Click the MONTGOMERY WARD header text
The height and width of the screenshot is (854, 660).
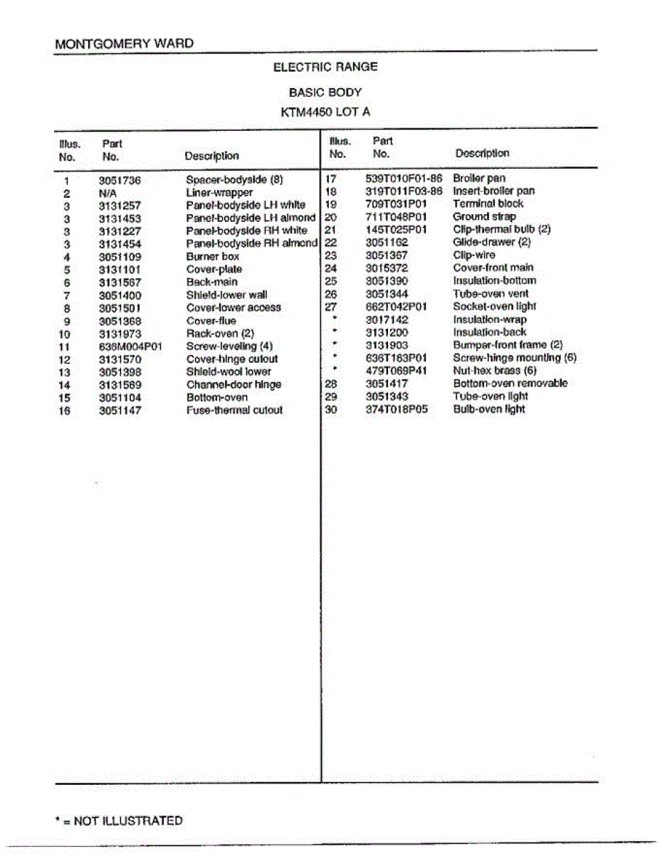pyautogui.click(x=124, y=43)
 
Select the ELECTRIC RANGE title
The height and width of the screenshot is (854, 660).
pyautogui.click(x=325, y=67)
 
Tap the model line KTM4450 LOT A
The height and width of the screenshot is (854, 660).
pyautogui.click(x=325, y=112)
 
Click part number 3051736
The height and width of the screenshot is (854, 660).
pyautogui.click(x=120, y=181)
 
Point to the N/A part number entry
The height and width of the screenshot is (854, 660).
pyautogui.click(x=108, y=194)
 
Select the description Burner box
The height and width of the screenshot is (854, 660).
pyautogui.click(x=212, y=257)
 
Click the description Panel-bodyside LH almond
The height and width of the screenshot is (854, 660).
pyautogui.click(x=250, y=218)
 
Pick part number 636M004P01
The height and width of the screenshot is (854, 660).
pyautogui.click(x=131, y=347)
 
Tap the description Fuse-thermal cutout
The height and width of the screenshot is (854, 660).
pyautogui.click(x=234, y=411)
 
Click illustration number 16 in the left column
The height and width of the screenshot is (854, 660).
pyautogui.click(x=65, y=411)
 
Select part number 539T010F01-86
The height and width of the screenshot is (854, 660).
pyautogui.click(x=404, y=179)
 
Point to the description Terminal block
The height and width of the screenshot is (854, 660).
pyautogui.click(x=488, y=204)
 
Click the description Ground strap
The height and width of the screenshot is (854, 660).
pyautogui.click(x=484, y=216)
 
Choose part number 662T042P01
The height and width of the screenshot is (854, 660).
pyautogui.click(x=396, y=307)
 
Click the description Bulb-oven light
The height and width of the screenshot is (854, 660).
pyautogui.click(x=488, y=409)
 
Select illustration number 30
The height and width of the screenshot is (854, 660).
pyautogui.click(x=330, y=409)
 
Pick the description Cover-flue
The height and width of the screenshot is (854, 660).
pyautogui.click(x=211, y=321)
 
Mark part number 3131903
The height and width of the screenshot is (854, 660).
pyautogui.click(x=387, y=345)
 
